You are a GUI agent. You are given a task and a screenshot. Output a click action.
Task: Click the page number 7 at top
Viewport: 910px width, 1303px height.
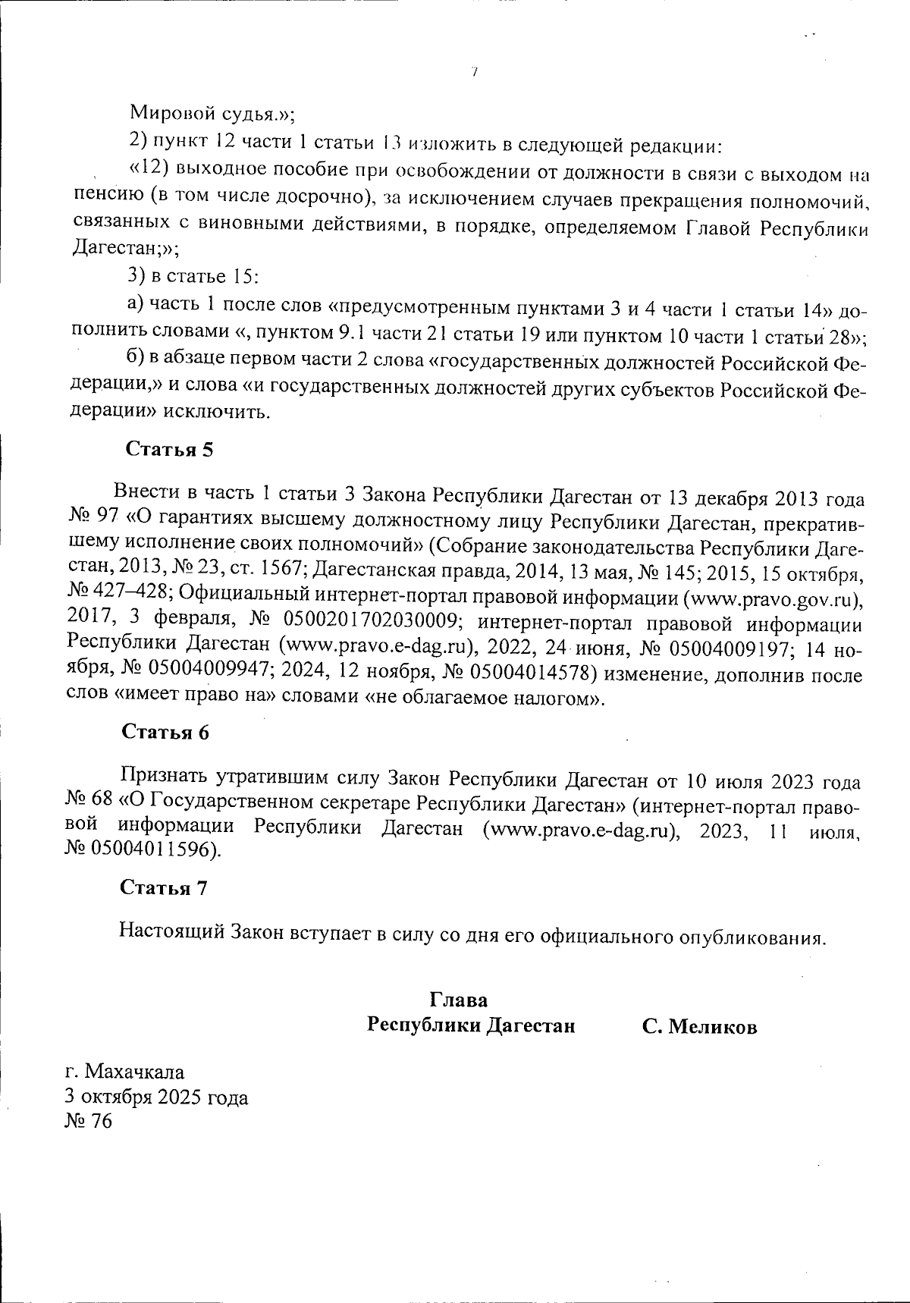473,73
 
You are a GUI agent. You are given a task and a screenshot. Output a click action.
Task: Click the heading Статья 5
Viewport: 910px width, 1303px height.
168,449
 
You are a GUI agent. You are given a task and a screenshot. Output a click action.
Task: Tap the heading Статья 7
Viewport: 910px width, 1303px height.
164,887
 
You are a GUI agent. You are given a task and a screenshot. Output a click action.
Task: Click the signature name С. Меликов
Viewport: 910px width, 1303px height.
699,1027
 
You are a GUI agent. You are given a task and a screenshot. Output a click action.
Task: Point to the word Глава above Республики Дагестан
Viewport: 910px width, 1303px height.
458,999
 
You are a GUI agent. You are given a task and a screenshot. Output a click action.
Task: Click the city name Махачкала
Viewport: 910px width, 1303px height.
134,1072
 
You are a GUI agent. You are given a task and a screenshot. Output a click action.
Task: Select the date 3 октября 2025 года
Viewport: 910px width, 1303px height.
157,1097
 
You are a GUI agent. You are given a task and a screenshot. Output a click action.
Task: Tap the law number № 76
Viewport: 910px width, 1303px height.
89,1121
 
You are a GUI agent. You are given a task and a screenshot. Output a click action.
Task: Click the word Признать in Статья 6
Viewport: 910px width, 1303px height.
166,778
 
